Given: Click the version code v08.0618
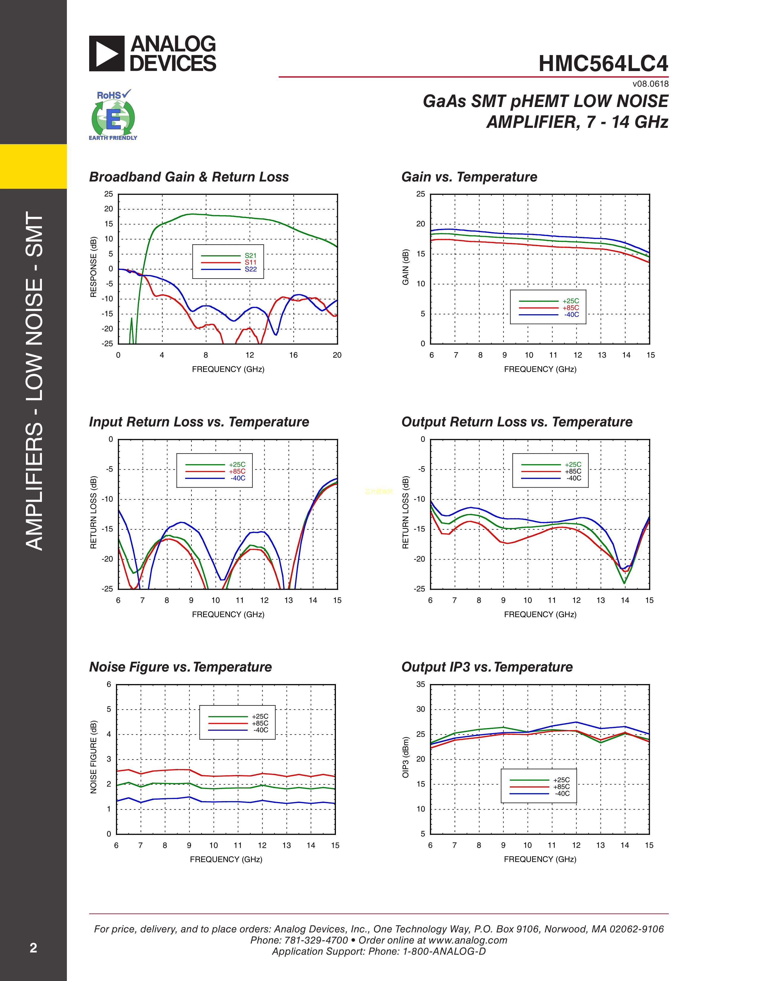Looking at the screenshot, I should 650,84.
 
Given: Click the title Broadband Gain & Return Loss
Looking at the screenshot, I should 188,177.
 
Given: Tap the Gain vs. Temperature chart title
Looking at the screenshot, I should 469,177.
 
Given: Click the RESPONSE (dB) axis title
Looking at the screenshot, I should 93,267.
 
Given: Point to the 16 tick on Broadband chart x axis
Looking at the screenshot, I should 293,355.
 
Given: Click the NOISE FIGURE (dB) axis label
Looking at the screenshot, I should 93,757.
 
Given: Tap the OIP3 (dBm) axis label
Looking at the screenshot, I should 405,757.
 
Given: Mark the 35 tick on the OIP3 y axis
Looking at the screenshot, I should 420,685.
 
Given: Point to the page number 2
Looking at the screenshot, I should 33,948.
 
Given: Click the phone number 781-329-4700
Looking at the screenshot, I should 316,940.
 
